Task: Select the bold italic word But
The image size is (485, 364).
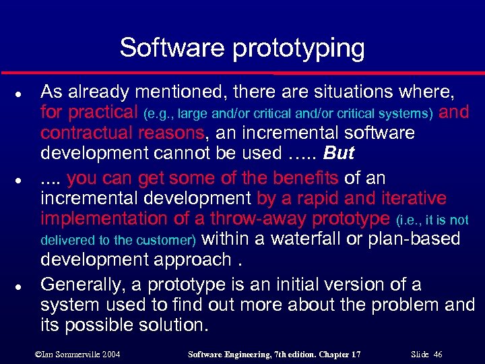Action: (338, 154)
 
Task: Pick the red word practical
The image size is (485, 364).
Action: (103, 112)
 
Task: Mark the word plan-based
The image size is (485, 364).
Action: (412, 239)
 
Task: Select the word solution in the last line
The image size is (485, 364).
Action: (172, 326)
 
